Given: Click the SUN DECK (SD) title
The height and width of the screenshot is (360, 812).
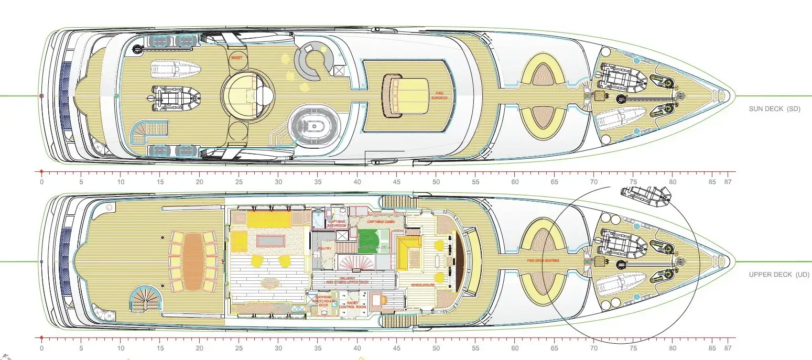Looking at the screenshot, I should click(x=776, y=108).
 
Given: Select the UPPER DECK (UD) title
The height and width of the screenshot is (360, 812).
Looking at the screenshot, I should click(x=779, y=274).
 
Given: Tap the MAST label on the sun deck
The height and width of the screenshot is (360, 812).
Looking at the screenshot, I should click(x=236, y=58).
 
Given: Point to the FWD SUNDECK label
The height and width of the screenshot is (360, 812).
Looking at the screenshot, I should click(x=437, y=95).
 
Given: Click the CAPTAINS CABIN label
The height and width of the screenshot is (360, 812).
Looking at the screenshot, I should click(x=381, y=222).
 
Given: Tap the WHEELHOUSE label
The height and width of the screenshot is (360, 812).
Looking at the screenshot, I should click(x=423, y=286).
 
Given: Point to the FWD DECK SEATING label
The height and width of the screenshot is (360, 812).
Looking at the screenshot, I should click(x=543, y=261).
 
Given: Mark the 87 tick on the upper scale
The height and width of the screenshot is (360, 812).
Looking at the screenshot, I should click(x=727, y=182).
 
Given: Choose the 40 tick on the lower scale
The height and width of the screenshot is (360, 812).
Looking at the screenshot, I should click(x=357, y=348).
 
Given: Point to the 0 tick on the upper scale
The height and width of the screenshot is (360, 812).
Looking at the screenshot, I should click(x=41, y=182).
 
